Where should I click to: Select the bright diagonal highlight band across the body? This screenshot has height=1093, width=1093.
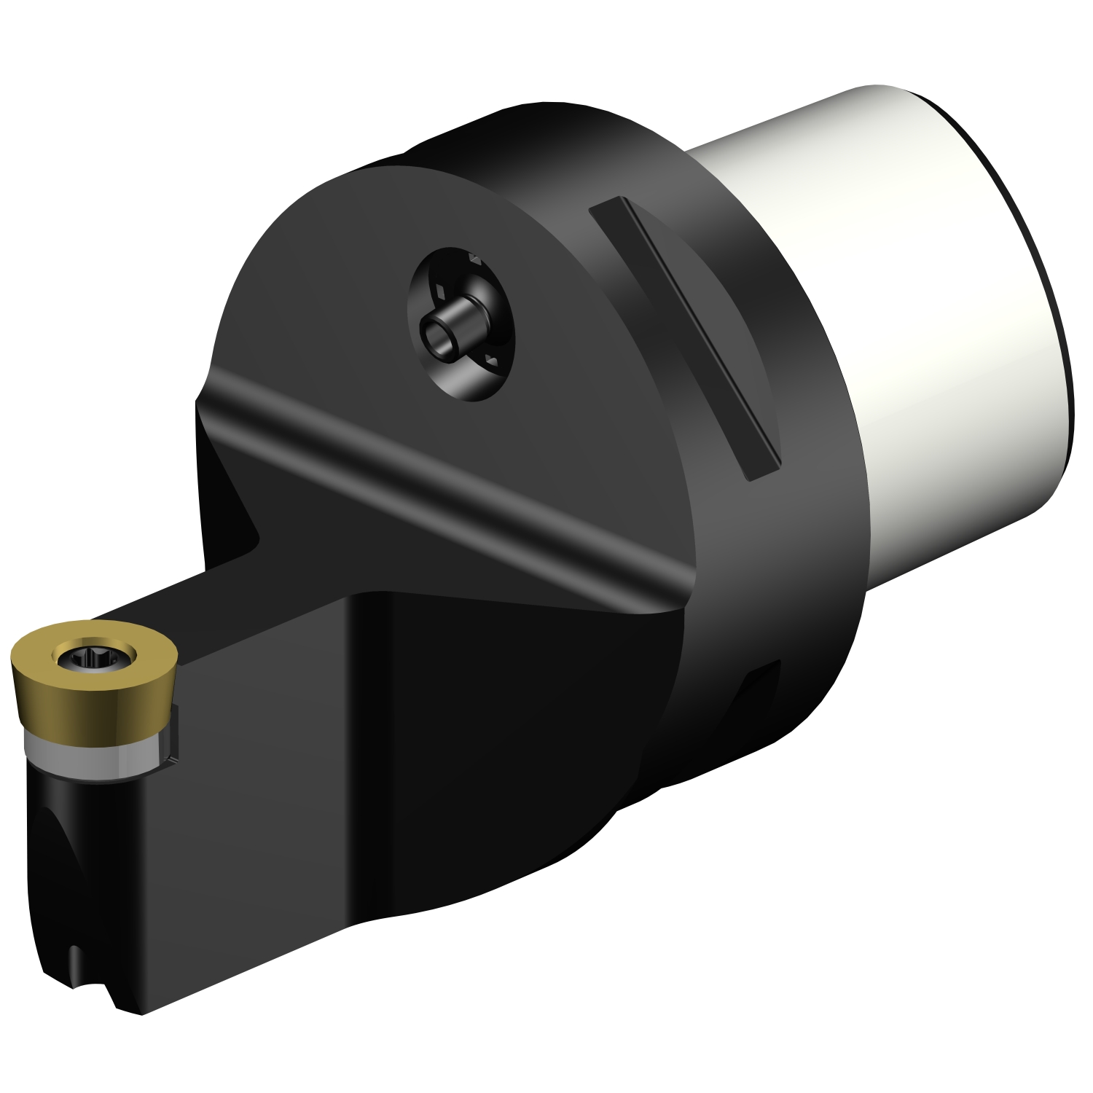437,466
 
